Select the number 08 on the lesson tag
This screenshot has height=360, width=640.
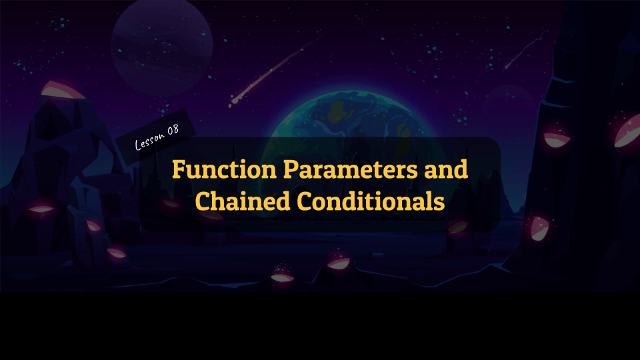tap(173, 129)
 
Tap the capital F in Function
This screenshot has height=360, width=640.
tap(179, 169)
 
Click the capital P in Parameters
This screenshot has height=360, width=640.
tap(288, 169)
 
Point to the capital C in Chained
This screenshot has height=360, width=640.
tap(203, 201)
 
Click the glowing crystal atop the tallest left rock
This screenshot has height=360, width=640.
tap(63, 90)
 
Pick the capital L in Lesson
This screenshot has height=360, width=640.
tap(139, 145)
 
